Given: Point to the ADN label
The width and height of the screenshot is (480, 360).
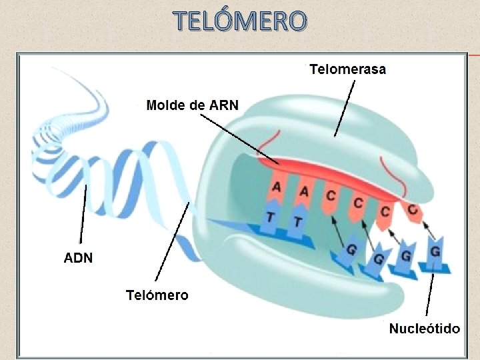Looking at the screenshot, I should pyautogui.click(x=79, y=257).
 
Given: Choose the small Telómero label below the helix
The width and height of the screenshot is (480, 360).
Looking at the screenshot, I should pyautogui.click(x=157, y=295).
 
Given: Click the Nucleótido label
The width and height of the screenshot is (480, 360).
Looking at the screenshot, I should pyautogui.click(x=424, y=329).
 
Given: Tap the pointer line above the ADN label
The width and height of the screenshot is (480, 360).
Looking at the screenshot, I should pyautogui.click(x=83, y=213).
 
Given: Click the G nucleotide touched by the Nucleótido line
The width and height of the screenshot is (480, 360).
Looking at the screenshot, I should pyautogui.click(x=434, y=254).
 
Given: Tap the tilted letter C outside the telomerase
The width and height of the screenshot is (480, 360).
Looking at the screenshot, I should pyautogui.click(x=413, y=211).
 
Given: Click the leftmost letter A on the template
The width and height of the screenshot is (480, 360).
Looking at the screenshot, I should pyautogui.click(x=275, y=189).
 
